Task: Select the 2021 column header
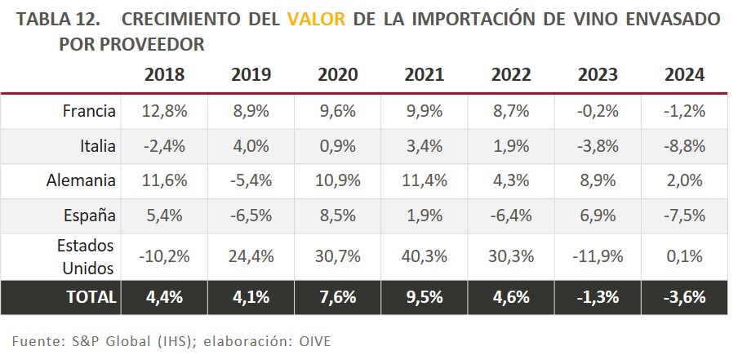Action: click(424, 75)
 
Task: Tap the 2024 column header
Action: click(684, 75)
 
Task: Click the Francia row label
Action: click(89, 111)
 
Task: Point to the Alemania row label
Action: click(82, 181)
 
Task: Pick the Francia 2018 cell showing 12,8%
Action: click(164, 111)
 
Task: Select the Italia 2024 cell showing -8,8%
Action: click(684, 146)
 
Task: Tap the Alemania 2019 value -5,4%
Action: click(251, 181)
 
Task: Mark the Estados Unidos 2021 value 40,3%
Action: click(424, 256)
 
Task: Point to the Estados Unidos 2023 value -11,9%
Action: click(598, 256)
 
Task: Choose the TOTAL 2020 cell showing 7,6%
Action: click(337, 297)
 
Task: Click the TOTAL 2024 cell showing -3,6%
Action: click(684, 297)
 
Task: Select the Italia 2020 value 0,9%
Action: click(337, 146)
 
